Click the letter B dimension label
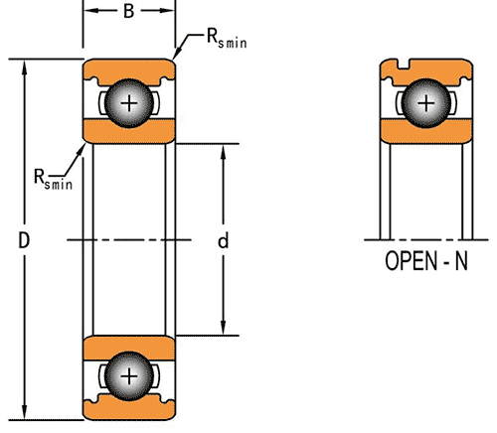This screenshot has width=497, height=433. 129,11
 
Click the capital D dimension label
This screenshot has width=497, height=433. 24,240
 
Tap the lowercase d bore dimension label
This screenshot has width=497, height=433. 224,240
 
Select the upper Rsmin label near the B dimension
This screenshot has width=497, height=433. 227,39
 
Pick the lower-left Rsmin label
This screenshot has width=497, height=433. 53,180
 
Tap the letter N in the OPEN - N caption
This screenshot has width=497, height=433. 461,261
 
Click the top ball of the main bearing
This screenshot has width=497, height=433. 129,103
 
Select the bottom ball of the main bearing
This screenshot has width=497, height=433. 129,376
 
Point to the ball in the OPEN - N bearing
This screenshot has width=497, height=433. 426,103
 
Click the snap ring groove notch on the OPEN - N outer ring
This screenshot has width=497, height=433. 404,64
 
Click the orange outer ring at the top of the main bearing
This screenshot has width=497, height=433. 129,69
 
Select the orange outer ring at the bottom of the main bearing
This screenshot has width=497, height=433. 129,410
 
